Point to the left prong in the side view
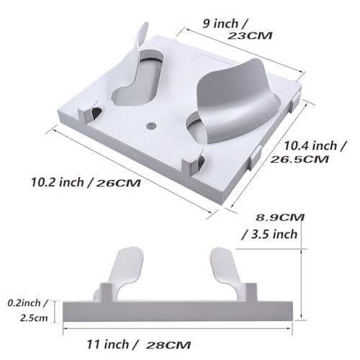coord(123,270)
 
